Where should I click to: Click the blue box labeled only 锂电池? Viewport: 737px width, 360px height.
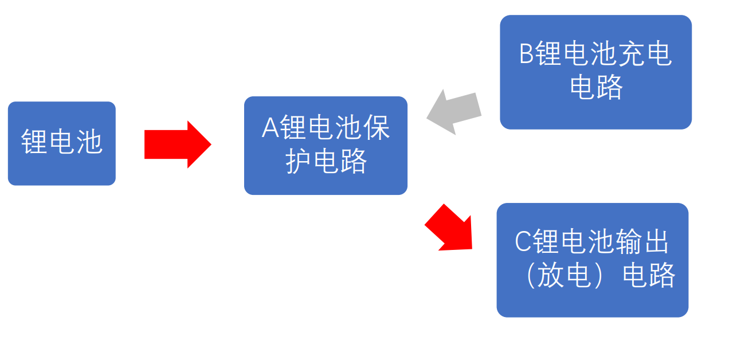tap(61, 143)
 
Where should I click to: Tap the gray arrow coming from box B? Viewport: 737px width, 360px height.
tap(455, 112)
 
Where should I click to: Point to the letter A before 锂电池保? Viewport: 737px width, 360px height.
tap(270, 128)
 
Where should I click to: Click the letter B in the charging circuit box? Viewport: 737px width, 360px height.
tap(526, 55)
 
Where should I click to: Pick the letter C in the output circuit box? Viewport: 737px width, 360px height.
tap(523, 242)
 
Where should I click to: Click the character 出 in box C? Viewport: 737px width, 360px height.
tap(655, 242)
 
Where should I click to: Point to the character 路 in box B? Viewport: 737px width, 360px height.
tap(610, 88)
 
